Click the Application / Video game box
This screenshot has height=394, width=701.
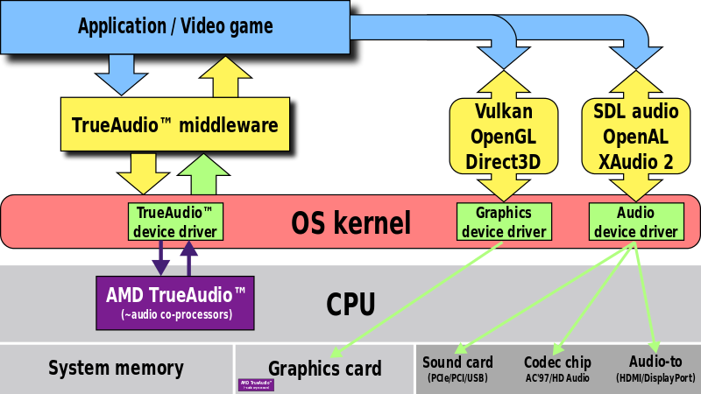pos(175,26)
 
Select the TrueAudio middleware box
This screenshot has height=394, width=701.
pos(175,126)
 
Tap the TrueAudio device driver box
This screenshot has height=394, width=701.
pos(174,222)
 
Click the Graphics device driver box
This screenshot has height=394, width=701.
pos(504,222)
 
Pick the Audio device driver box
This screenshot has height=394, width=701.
pos(635,222)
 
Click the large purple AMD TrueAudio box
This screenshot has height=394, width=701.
pos(175,300)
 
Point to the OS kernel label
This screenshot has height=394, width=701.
pos(350,223)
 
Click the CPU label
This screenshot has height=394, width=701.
pos(350,305)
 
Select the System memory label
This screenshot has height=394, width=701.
pos(116,369)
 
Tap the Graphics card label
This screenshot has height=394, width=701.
pos(324,369)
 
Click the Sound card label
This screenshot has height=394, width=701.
pos(457,362)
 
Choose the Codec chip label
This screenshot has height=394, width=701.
pos(557,362)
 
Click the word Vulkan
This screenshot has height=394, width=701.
pos(504,112)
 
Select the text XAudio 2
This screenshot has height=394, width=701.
pos(635,161)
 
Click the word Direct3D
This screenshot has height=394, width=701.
pos(504,161)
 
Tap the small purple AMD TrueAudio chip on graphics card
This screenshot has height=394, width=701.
pos(257,384)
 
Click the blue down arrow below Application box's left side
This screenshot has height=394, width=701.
pos(122,74)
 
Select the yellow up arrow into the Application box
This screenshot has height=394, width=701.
pos(230,77)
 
